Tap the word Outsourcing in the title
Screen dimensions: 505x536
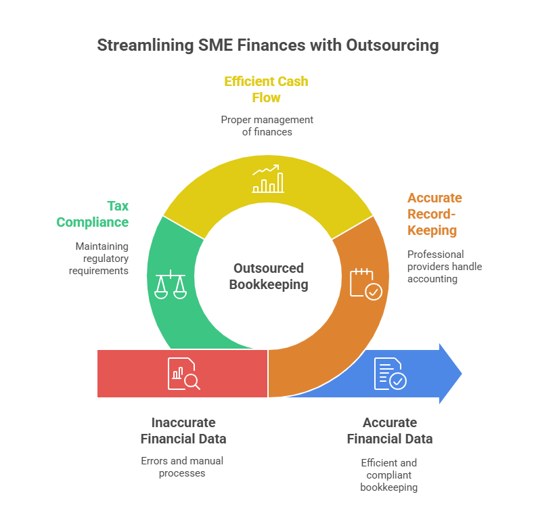pos(392,46)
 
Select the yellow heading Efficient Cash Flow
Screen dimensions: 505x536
pos(266,89)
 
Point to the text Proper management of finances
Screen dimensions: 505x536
pos(267,126)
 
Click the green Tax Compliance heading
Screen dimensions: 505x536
pos(93,214)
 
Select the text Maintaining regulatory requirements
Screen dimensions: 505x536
pos(99,258)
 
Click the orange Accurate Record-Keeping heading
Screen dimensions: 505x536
pos(434,214)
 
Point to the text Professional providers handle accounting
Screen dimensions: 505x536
pos(445,266)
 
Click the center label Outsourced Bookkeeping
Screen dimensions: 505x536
pos(268,276)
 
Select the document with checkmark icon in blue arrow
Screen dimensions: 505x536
pos(390,373)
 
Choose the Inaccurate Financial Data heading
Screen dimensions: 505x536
pos(183,431)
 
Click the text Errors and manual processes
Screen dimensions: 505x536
pos(182,467)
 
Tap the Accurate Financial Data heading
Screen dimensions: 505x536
pos(389,431)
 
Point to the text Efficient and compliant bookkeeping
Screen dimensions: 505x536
pos(389,475)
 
